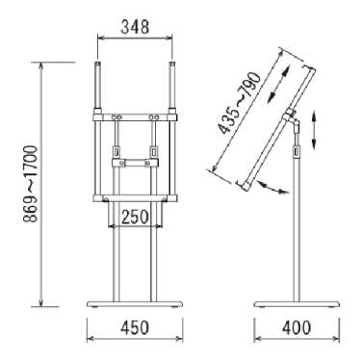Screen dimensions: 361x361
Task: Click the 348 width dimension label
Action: click(135, 27)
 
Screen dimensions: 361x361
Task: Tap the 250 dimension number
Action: click(135, 217)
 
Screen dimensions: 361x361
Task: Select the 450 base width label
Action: click(135, 327)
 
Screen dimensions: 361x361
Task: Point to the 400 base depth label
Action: click(297, 327)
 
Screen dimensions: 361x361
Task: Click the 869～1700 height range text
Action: click(31, 184)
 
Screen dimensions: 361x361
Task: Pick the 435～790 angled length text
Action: click(239, 103)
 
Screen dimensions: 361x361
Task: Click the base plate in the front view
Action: click(135, 303)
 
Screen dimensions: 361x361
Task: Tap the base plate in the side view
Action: click(297, 303)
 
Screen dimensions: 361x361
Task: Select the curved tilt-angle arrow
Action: click(271, 188)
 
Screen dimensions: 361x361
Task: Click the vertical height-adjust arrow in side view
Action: click(314, 129)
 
